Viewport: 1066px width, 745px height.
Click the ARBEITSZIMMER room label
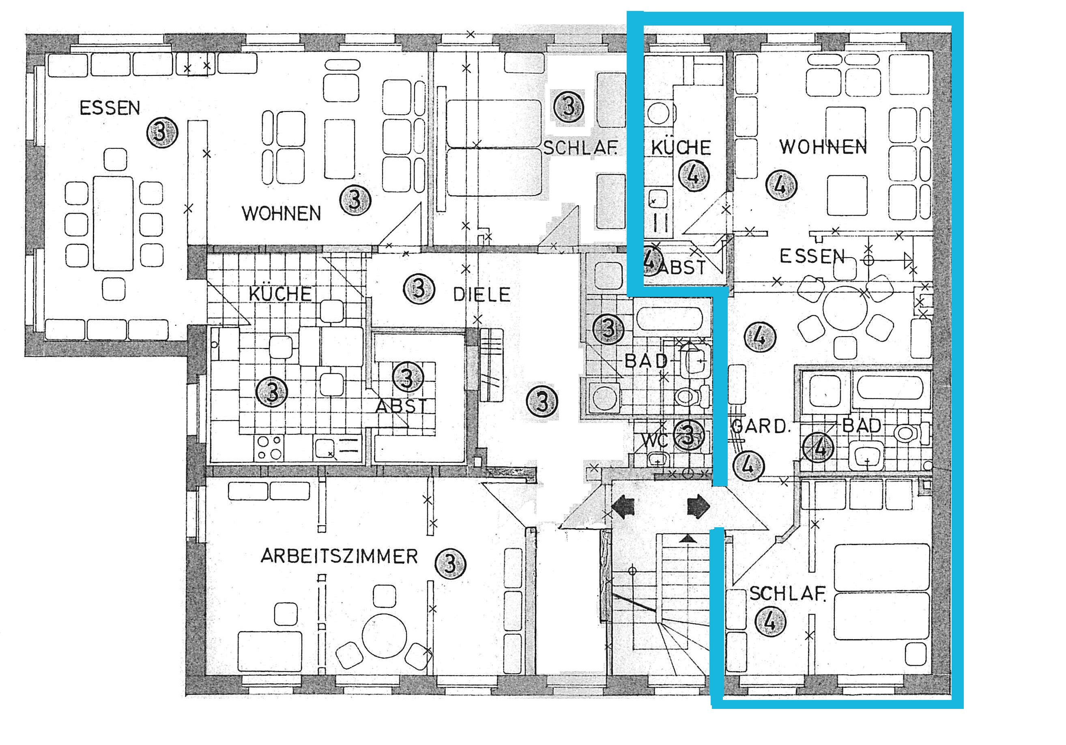pos(340,556)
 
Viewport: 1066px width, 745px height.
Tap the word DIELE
pos(482,294)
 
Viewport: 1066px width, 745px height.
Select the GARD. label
pos(760,426)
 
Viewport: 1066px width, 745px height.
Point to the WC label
pos(655,440)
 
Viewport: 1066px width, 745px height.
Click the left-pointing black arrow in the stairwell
pos(623,507)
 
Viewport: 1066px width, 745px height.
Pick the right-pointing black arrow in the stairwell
pos(698,507)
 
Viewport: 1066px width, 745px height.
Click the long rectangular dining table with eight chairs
pos(113,223)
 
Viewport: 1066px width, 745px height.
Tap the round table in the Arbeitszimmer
pos(385,636)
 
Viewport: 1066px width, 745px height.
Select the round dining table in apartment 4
pos(845,308)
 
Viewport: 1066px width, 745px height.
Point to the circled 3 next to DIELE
pos(419,289)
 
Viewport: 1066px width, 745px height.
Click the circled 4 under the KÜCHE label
pos(694,176)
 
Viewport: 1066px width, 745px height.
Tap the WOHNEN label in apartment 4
pos(823,147)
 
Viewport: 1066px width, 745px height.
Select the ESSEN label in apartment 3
pos(110,108)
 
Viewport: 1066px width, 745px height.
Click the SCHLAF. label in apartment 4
pos(788,594)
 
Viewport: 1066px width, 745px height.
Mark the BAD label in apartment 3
pos(646,361)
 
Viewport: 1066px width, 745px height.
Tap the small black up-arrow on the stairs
pos(688,539)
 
